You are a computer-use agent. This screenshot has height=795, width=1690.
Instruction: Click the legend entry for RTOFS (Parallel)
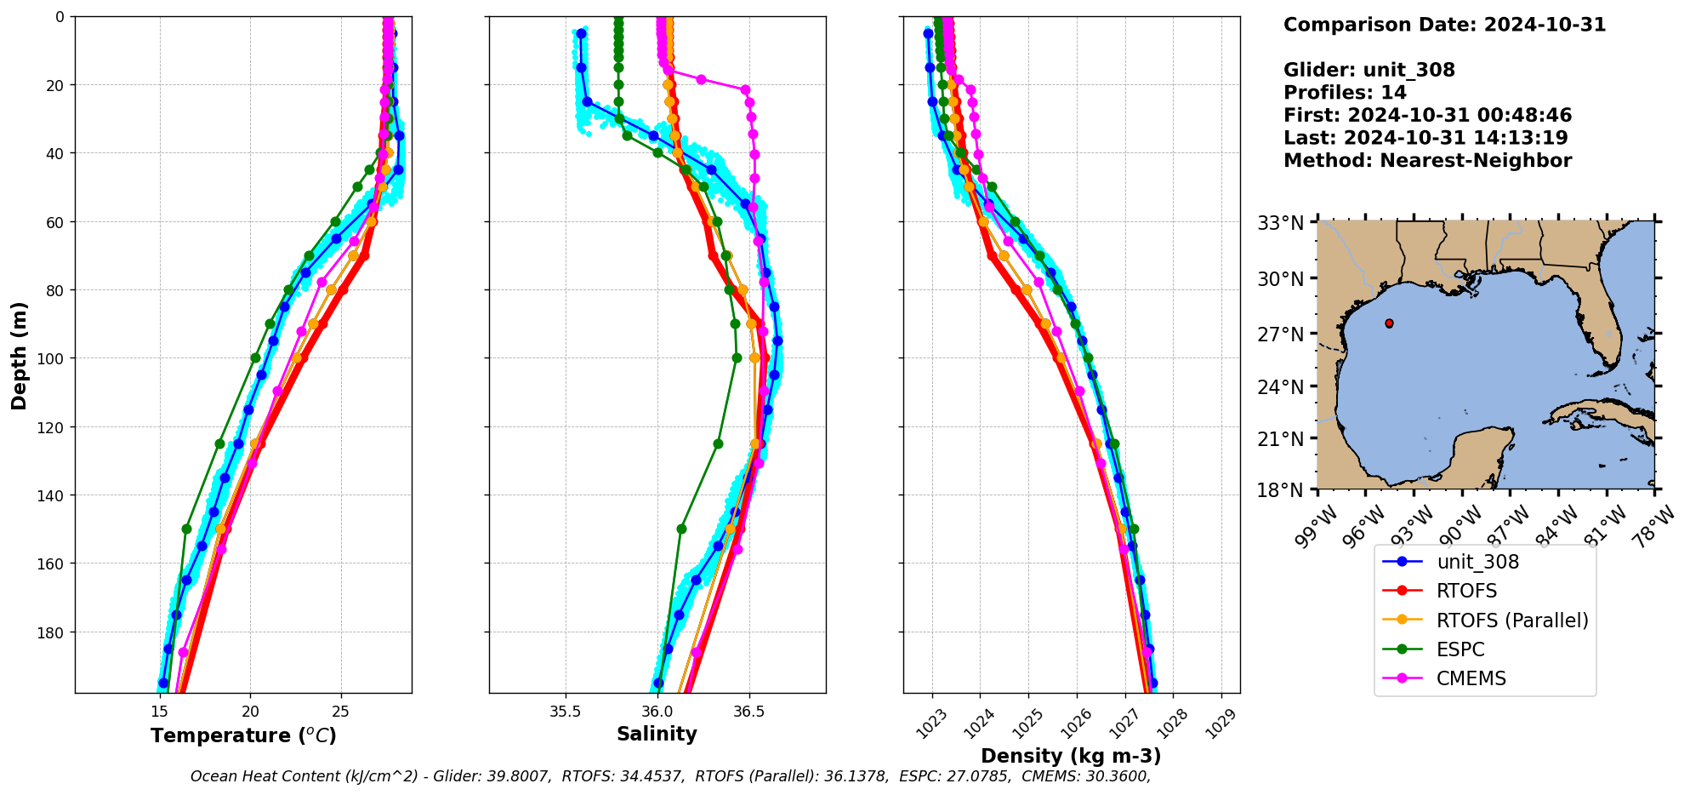coord(1511,621)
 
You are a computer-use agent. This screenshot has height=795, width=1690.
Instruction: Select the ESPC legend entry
coord(1460,649)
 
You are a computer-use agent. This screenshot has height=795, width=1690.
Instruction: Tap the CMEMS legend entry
coord(1471,678)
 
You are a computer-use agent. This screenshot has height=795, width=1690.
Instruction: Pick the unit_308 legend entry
coord(1477,562)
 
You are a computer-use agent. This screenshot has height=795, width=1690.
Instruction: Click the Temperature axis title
coord(243,735)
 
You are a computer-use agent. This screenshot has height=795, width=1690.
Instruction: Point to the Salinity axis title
coord(657,734)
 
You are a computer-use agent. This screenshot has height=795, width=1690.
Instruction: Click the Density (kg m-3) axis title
coord(1071,756)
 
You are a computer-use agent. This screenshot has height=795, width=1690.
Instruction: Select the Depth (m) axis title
coord(19,355)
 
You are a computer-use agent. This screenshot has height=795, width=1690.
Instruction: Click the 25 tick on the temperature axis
coord(340,712)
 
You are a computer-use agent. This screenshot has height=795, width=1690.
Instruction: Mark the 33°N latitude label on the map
coord(1281,223)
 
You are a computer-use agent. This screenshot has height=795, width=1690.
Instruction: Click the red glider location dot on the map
coord(1389,323)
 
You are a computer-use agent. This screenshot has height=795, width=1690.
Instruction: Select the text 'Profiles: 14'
coord(1345,93)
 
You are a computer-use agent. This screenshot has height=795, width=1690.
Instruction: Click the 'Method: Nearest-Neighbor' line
coord(1427,161)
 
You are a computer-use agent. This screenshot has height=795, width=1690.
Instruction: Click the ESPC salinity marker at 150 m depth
coord(681,529)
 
